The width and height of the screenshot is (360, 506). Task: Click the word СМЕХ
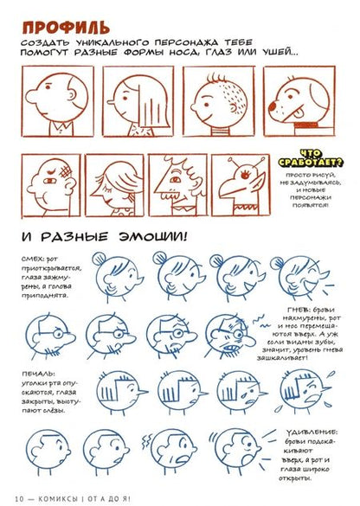(x=29, y=260)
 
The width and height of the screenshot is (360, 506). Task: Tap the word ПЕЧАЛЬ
(x=32, y=373)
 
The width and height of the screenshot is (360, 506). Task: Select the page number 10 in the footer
(x=18, y=497)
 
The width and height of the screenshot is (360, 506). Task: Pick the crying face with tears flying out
(x=305, y=394)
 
